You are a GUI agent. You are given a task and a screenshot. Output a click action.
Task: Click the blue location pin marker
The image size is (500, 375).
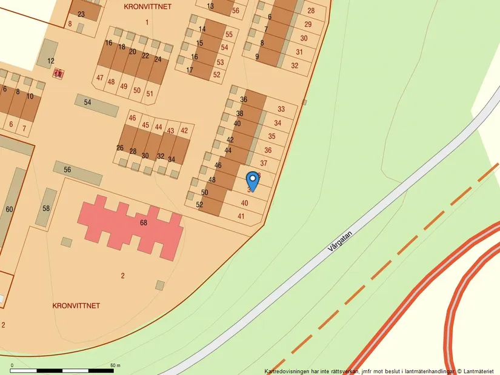[x=252, y=181]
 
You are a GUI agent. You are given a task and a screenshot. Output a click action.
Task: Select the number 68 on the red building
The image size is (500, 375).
[x=144, y=223]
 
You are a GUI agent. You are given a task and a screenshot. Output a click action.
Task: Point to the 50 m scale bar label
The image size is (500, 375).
[x=115, y=365]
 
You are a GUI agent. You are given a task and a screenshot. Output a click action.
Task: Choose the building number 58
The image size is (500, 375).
[x=46, y=208]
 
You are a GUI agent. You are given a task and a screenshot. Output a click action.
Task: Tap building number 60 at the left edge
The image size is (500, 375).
[x=9, y=209]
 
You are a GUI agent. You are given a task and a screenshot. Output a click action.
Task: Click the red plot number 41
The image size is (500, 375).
[x=241, y=216]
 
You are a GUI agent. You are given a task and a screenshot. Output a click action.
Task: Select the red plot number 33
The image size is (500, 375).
[x=281, y=109]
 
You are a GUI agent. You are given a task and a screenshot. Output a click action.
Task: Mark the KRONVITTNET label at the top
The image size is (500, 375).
[x=147, y=7]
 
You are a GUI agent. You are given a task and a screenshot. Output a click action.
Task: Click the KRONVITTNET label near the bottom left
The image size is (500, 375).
[x=76, y=305]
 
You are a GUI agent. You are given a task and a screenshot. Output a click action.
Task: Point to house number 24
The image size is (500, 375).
[x=158, y=59]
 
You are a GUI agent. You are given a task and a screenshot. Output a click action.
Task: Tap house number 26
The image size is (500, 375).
[x=120, y=148]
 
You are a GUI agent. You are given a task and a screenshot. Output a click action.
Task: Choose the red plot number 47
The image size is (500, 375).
[x=100, y=78]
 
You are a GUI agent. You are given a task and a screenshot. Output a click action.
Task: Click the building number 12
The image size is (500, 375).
[x=51, y=61]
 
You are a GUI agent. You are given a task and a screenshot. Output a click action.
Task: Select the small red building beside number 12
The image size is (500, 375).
[x=58, y=73]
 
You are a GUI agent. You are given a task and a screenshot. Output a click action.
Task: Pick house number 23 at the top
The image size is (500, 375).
[x=81, y=14]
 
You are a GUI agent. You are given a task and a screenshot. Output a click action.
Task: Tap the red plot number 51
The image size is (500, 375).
[x=150, y=93]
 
